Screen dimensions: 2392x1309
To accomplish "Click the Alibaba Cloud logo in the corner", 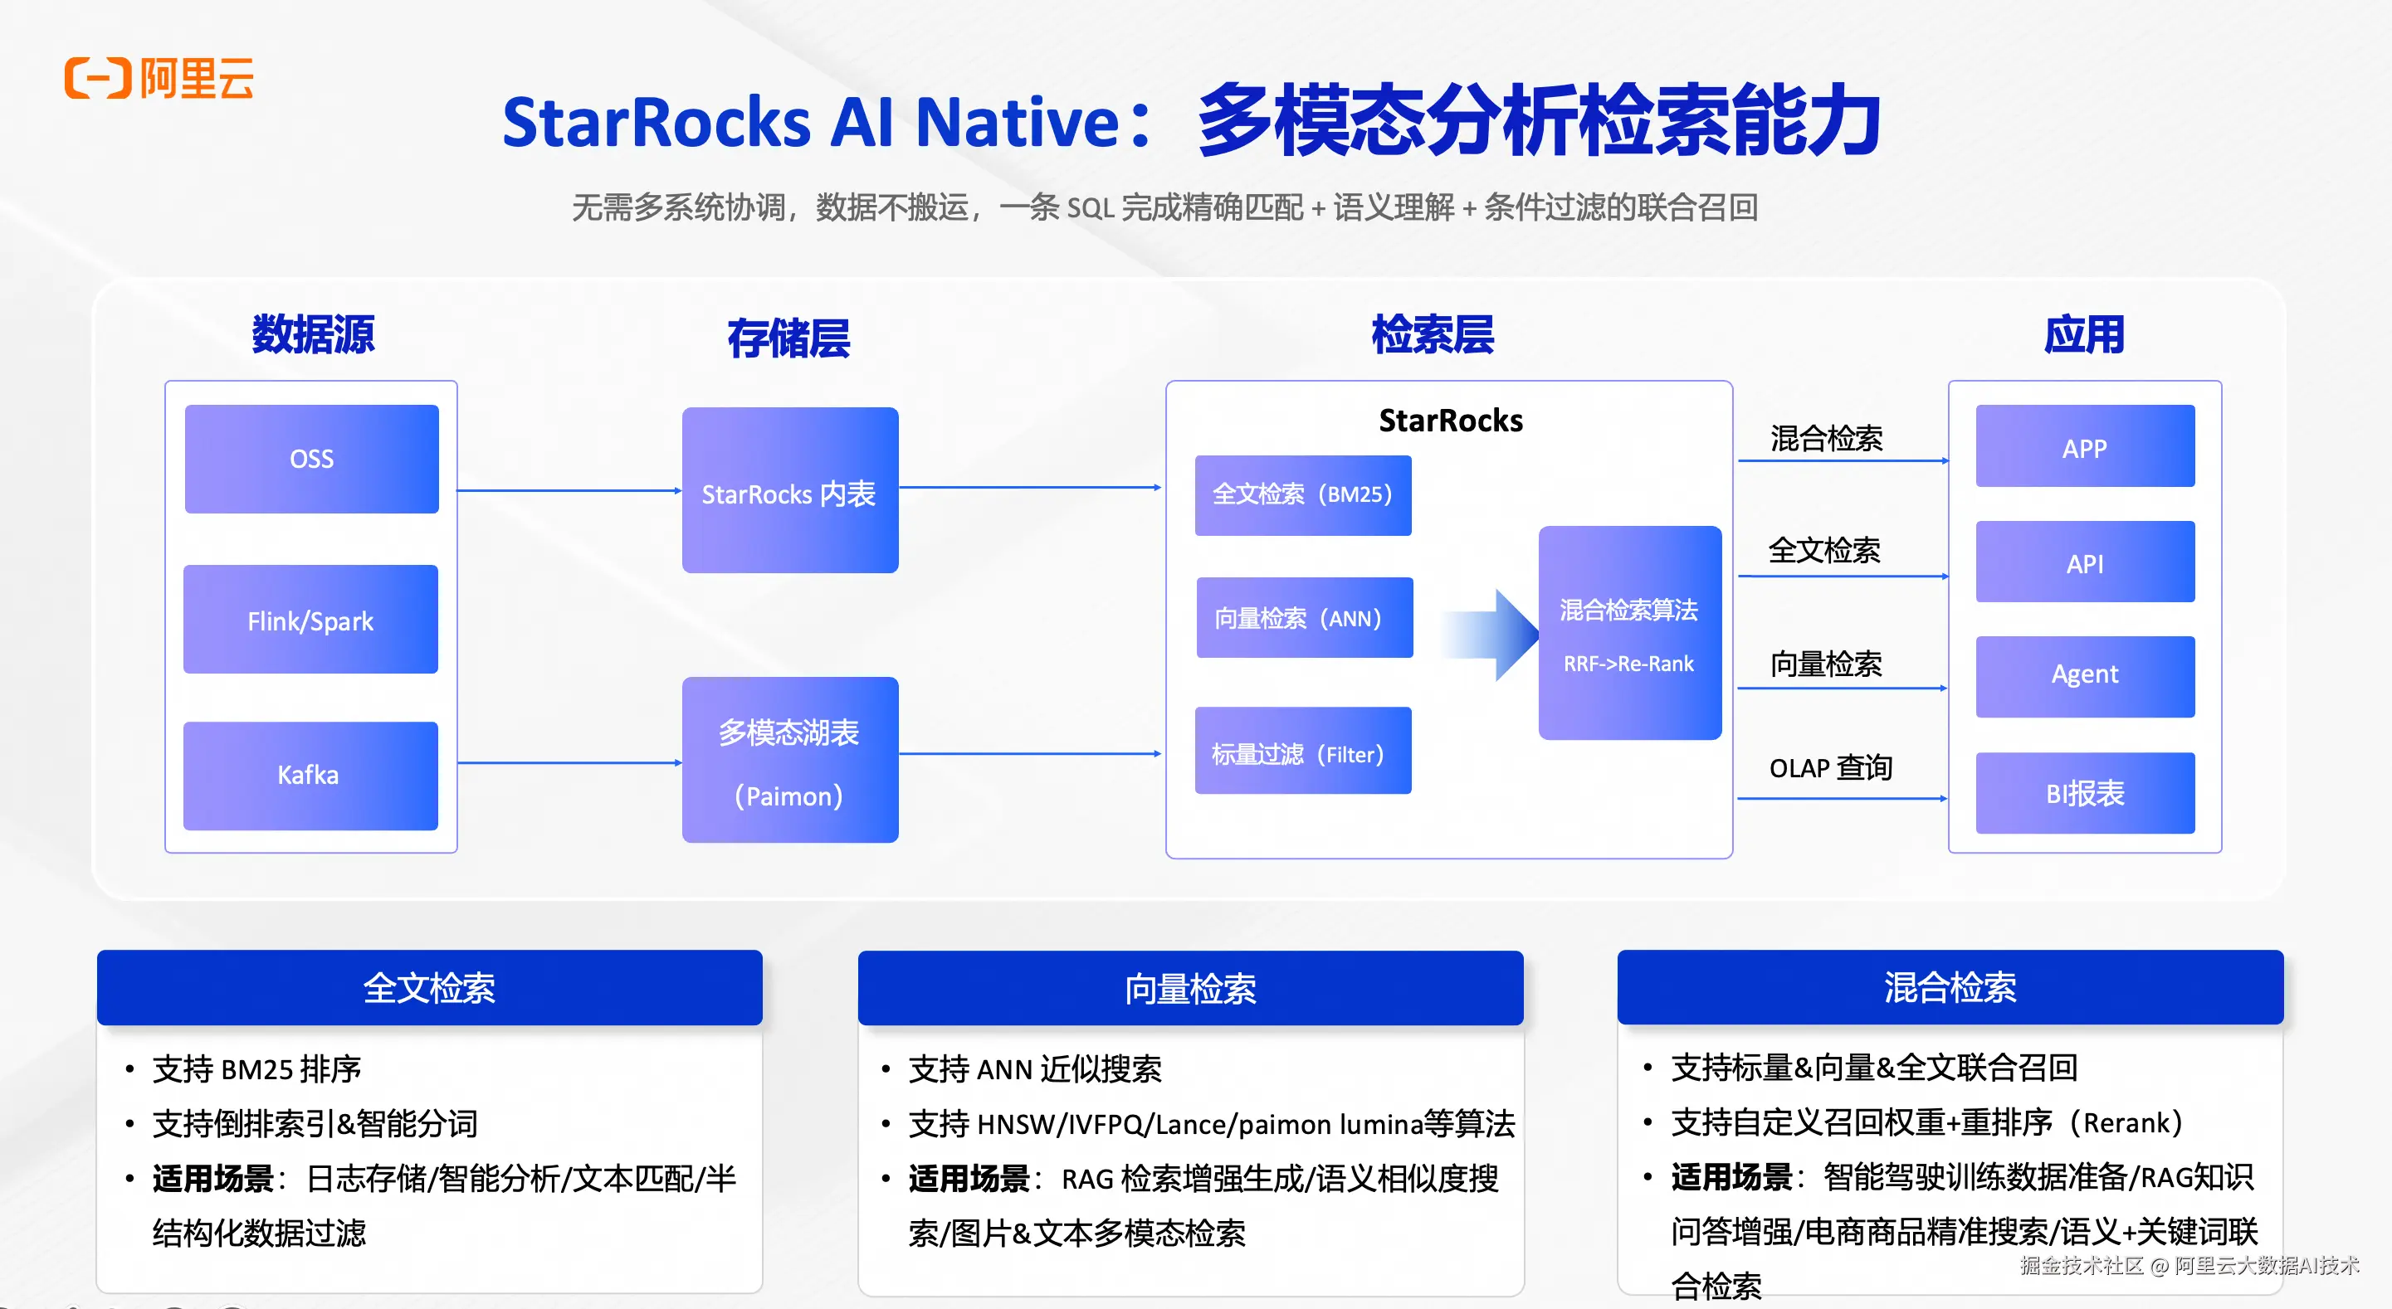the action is pos(159,78).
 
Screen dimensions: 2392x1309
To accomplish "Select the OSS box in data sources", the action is pos(312,459).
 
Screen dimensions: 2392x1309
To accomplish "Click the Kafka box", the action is pos(311,775).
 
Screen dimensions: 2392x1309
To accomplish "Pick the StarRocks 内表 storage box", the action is pos(790,490).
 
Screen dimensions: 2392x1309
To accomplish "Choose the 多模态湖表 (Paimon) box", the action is pos(790,759).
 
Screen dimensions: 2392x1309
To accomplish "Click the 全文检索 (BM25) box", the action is pos(1303,495).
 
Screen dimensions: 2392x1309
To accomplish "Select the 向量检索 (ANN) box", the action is pos(1305,617).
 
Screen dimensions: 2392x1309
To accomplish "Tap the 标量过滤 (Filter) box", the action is pos(1303,750).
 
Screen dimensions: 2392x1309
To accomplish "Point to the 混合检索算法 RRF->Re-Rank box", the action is pos(1629,633).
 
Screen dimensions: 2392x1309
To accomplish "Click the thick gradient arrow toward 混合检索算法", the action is pos(1490,635).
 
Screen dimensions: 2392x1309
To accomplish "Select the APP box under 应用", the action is pos(2086,445).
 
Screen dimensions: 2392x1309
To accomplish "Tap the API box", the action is pos(2086,562).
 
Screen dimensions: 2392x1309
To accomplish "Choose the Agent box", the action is pos(2086,677).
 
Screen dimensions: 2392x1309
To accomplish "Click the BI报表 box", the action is pos(2086,793).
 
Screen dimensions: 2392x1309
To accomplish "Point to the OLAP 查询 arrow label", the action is pos(1830,769).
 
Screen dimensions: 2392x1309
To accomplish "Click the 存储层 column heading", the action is pos(788,338).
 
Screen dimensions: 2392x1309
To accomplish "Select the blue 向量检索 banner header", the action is pos(1190,988).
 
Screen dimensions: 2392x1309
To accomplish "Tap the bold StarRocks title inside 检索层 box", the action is pos(1451,421).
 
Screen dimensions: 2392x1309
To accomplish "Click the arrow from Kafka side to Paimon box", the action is pos(570,763).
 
